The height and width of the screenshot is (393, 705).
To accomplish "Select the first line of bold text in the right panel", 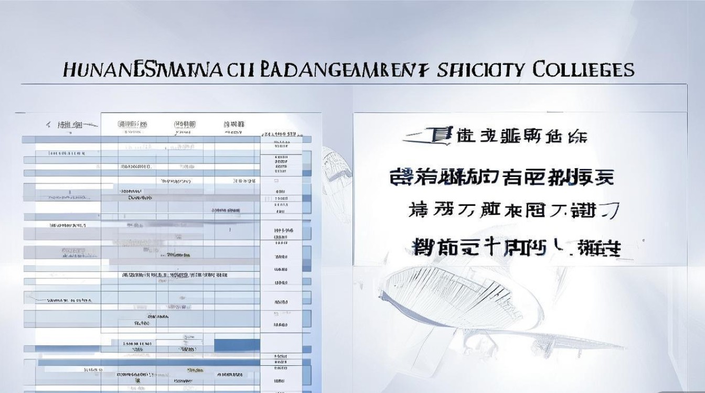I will [x=496, y=137].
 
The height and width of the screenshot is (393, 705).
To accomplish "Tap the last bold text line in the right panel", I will [x=517, y=246].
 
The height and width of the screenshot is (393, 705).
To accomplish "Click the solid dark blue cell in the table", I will [x=237, y=345].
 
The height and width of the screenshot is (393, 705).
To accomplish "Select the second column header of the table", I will [x=132, y=124].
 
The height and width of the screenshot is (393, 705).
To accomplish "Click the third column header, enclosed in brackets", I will [x=184, y=124].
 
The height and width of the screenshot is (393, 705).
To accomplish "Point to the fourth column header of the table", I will [x=234, y=125].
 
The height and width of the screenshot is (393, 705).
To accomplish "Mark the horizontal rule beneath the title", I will [x=354, y=84].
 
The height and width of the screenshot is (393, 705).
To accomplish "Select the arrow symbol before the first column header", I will [x=48, y=125].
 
